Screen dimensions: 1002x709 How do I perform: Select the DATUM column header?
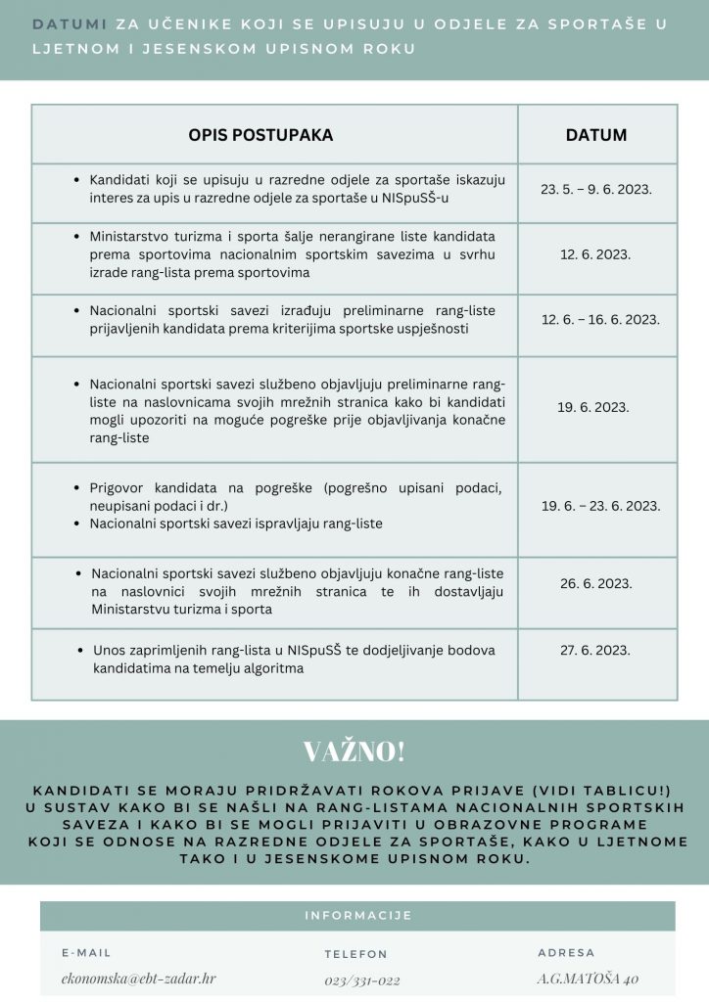595,135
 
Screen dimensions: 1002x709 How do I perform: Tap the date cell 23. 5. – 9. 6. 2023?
595,190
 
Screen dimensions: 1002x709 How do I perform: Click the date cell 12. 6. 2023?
595,254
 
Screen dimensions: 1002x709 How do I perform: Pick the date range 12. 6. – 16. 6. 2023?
600,320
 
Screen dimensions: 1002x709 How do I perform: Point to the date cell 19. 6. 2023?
594,407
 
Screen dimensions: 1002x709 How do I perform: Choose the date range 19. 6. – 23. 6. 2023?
600,506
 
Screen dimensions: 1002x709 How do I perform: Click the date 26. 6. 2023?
595,583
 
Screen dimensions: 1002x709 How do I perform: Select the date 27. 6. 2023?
595,649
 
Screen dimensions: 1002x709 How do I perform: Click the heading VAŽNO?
354,751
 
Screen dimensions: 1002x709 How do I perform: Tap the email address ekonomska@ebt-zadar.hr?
138,979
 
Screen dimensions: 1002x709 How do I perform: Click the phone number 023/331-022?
362,979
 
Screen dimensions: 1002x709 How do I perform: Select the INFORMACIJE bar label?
357,916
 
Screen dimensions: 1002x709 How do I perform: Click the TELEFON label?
355,954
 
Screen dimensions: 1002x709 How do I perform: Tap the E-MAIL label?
86,952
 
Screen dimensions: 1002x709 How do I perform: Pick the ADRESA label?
566,952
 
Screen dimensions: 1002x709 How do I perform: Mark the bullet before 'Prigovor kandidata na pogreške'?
77,488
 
